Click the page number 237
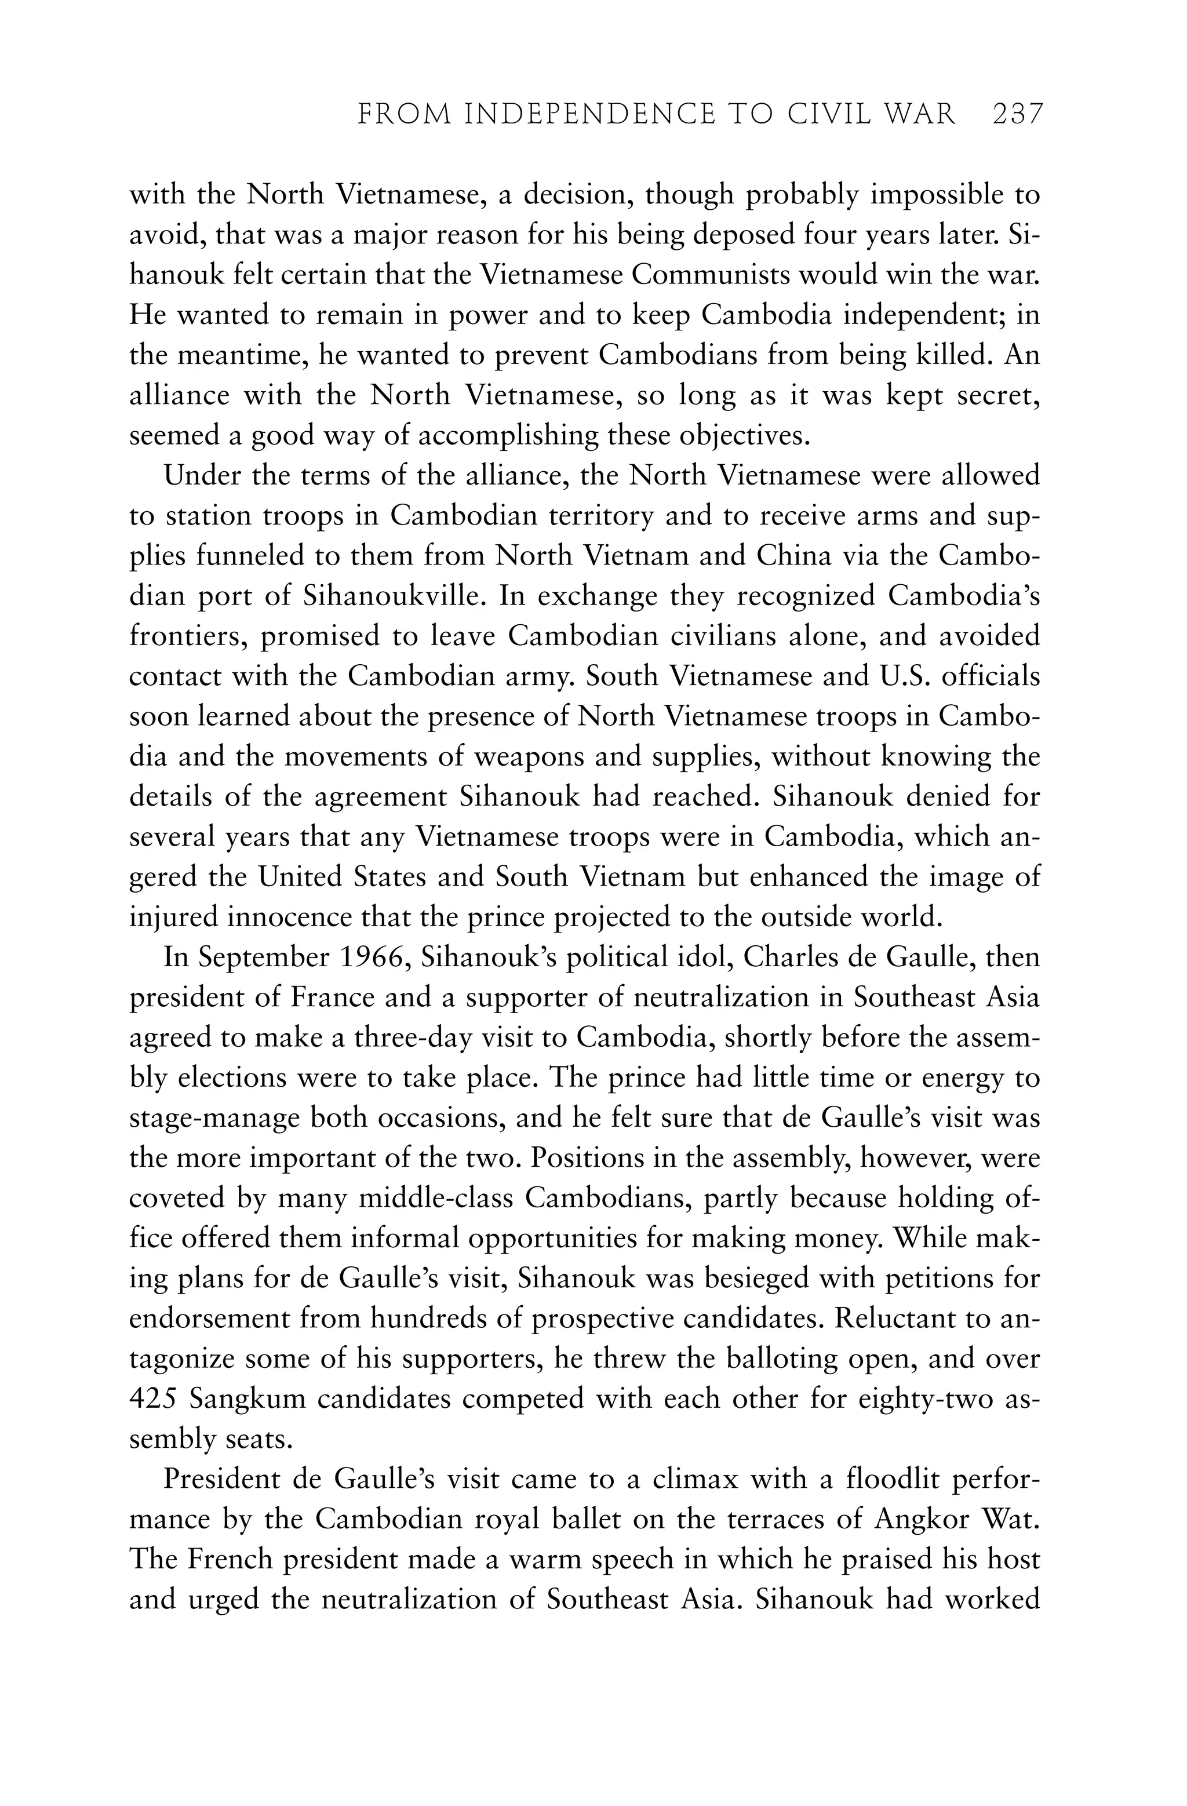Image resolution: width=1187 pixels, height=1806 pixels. [x=1018, y=115]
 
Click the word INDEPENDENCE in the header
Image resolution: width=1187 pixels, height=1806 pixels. [x=589, y=115]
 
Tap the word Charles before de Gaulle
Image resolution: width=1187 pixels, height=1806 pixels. [x=787, y=957]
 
